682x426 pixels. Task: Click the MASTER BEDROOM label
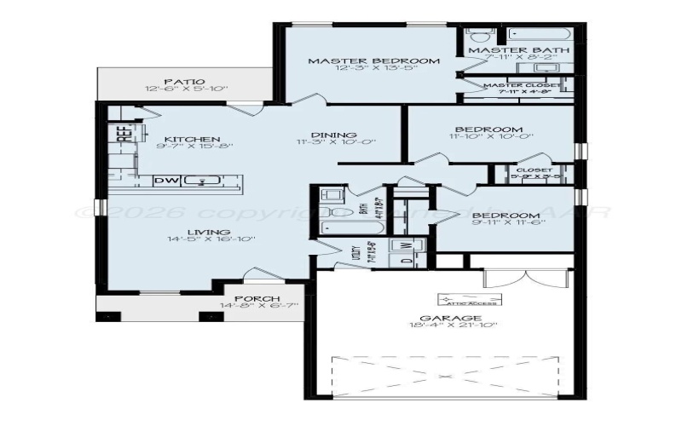coord(374,61)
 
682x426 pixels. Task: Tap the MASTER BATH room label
coord(518,51)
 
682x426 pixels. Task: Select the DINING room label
coord(327,134)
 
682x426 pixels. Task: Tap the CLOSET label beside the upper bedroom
coord(535,170)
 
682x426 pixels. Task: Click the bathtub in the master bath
coord(538,35)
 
